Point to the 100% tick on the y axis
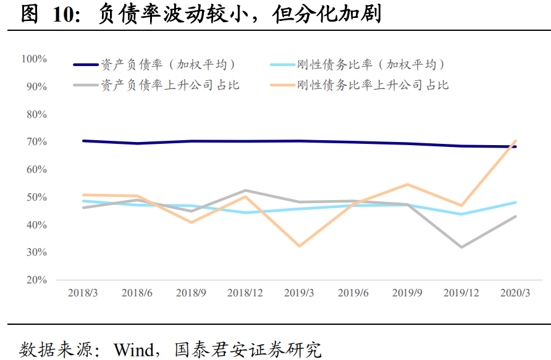point(34,59)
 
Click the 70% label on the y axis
point(36,141)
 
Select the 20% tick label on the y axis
point(36,280)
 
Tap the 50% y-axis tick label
point(36,197)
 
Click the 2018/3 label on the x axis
point(83,293)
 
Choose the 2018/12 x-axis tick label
point(245,293)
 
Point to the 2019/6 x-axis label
point(353,293)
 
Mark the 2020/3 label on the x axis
point(515,293)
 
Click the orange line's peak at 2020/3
point(515,141)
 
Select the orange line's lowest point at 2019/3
point(300,246)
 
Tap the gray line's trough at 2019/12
point(461,247)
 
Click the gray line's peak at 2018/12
point(245,190)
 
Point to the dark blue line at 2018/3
point(83,141)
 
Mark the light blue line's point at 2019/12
point(461,214)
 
